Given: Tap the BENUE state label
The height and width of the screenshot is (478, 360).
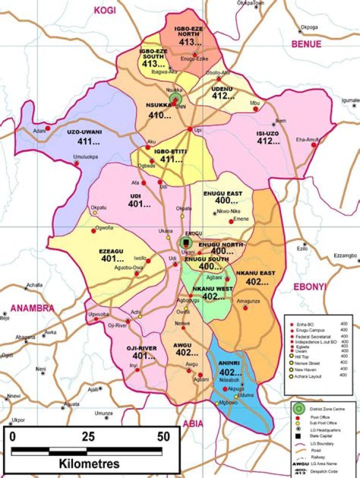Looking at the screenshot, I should (306, 44).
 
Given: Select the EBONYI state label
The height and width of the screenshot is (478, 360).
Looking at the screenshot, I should (308, 287).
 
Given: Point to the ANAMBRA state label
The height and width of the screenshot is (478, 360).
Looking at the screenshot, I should (31, 308).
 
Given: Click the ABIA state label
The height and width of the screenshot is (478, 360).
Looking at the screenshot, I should (193, 424).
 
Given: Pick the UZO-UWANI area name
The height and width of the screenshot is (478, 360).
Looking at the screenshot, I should (84, 132).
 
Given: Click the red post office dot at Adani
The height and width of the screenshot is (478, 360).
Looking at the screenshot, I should (48, 128).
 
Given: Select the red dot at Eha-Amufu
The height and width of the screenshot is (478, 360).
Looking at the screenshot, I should (314, 145).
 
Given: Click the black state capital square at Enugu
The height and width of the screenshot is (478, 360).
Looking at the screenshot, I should (187, 243).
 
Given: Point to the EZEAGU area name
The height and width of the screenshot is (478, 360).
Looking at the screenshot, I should (110, 251).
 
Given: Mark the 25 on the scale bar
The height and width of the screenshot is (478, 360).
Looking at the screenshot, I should (88, 436).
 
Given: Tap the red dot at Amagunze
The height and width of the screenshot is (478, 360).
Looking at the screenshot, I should (245, 308).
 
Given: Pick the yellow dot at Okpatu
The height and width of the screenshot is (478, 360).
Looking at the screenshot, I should (94, 212).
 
